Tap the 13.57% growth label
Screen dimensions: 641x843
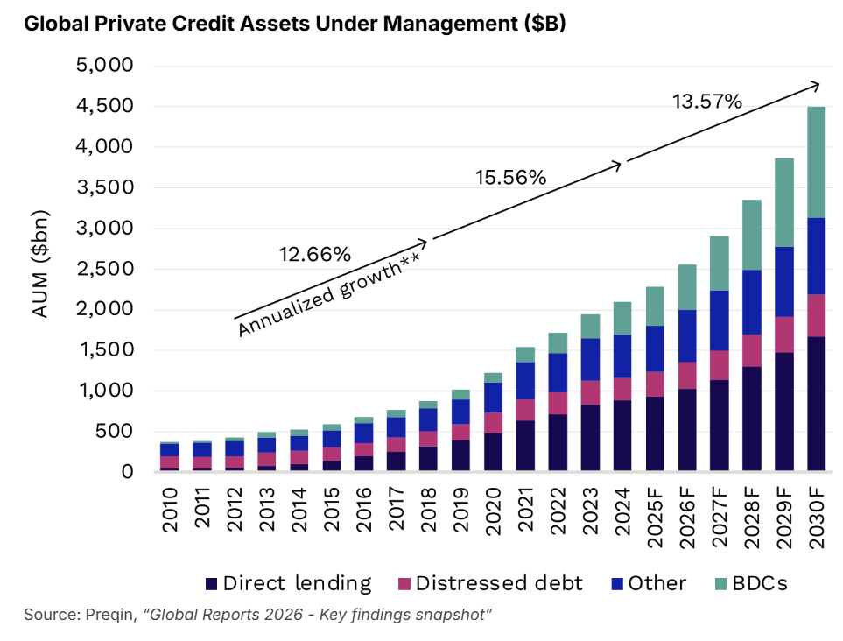tap(707, 102)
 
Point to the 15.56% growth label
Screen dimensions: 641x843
tap(510, 177)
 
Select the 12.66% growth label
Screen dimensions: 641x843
tap(314, 255)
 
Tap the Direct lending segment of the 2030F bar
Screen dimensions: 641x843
tap(816, 403)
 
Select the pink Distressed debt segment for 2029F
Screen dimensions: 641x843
tap(783, 334)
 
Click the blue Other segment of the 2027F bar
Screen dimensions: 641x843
tap(719, 320)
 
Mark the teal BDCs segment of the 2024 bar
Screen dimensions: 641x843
tap(622, 318)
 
